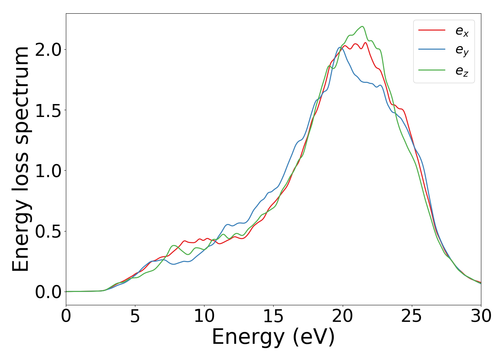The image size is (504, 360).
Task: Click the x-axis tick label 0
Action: coord(66,316)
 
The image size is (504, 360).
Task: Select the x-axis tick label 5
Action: coord(135,316)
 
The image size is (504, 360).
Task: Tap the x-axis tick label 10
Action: coord(204,316)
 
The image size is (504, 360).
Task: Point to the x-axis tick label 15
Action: coord(273,316)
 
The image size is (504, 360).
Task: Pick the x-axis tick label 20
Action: coord(342,316)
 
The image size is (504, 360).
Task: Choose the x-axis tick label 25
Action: coord(411,316)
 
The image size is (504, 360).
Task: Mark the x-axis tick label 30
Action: coord(481,316)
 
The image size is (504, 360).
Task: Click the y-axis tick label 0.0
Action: coord(48,292)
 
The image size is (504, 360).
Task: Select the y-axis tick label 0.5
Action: coord(48,231)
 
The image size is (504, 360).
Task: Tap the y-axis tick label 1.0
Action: coord(48,171)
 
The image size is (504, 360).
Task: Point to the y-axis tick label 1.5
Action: coord(48,110)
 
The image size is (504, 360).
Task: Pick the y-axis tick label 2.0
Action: coord(48,50)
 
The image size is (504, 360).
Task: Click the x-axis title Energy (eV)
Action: coord(273,337)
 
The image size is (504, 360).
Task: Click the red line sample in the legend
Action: coord(432,30)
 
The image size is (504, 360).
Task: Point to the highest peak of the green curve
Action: coord(362,26)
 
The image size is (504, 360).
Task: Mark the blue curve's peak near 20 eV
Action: coord(339,47)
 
